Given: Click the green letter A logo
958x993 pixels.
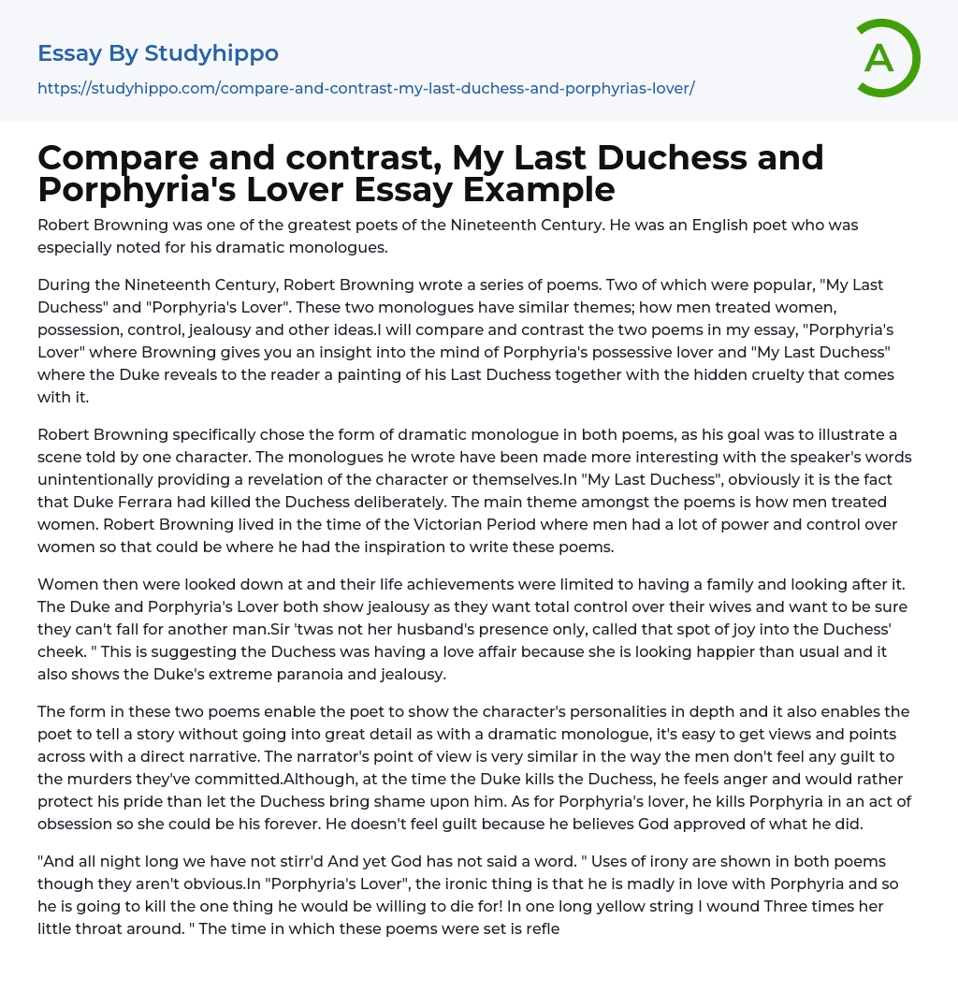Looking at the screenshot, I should coord(887,58).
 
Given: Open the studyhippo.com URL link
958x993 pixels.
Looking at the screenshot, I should coord(366,88).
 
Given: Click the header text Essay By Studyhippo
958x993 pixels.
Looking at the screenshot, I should coord(158,53).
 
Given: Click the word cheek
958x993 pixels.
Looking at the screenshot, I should coord(60,651).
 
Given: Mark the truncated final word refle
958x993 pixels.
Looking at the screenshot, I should coord(541,928).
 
